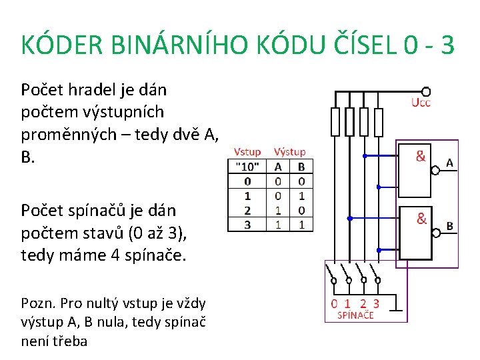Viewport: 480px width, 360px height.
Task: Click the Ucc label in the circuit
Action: pos(421,103)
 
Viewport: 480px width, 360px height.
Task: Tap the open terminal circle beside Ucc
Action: pos(426,91)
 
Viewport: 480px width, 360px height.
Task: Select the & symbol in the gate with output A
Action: pos(421,157)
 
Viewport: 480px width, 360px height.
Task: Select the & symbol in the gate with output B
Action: pos(422,218)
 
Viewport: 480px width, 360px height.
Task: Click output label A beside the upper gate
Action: pos(449,163)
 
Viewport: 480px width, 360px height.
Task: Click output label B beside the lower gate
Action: pos(449,226)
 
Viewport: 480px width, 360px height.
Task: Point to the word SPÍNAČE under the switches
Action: pos(355,315)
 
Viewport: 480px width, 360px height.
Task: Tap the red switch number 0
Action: pos(335,303)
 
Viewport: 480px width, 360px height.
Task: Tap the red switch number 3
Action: pos(376,303)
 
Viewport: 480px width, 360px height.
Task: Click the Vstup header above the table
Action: pos(247,152)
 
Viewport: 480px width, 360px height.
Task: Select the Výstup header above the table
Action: pos(289,152)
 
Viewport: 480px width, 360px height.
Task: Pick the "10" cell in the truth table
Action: pos(247,166)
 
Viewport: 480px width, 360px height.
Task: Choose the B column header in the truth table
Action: pos(301,166)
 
